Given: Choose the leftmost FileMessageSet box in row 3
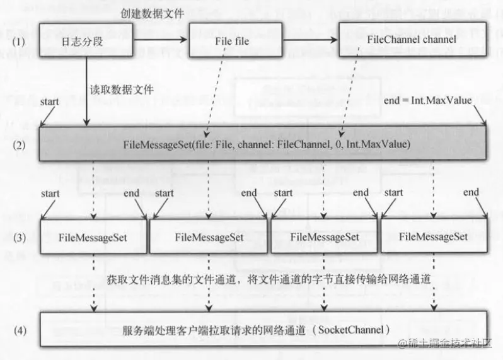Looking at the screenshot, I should (93, 237).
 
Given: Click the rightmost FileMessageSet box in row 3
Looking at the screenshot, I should (434, 237).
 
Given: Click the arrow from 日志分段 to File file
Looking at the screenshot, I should (161, 39).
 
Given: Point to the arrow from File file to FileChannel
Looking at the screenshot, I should (309, 39).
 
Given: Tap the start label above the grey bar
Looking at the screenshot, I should (50, 101).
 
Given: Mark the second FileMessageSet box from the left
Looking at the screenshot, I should (209, 237).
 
